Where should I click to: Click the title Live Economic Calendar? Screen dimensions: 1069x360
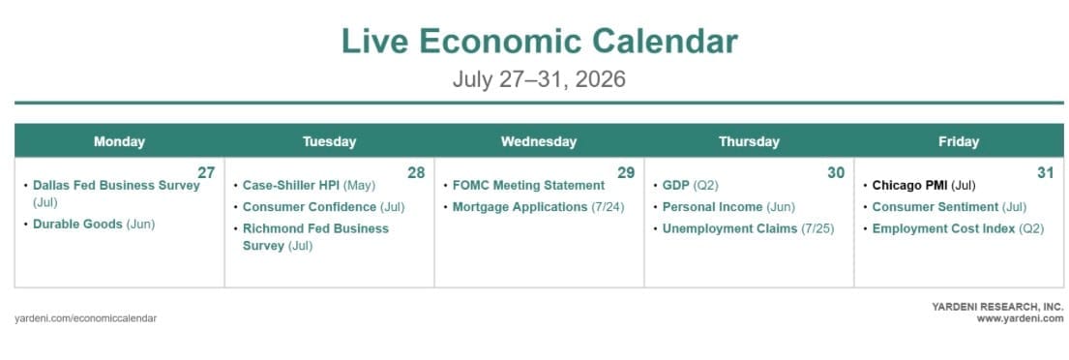539,41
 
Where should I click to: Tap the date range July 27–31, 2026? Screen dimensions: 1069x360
539,79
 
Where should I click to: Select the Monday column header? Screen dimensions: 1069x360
119,142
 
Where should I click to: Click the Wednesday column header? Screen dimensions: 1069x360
539,142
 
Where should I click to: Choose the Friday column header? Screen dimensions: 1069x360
959,142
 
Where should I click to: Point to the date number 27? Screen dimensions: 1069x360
207,172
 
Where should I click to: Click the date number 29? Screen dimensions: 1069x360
626,172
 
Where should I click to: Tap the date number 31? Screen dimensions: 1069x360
1046,172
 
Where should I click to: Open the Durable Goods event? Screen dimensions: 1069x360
94,225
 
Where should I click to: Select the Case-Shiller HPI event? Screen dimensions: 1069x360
309,186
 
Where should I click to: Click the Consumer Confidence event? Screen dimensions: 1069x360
324,206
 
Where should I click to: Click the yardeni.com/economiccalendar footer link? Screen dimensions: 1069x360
86,318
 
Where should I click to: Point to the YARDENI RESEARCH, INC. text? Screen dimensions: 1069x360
997,307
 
